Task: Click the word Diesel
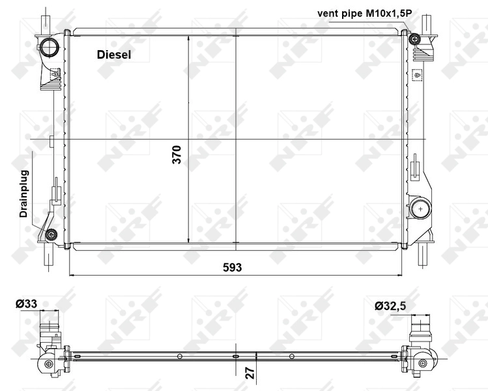click(x=114, y=55)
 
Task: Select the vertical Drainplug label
click(x=24, y=194)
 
